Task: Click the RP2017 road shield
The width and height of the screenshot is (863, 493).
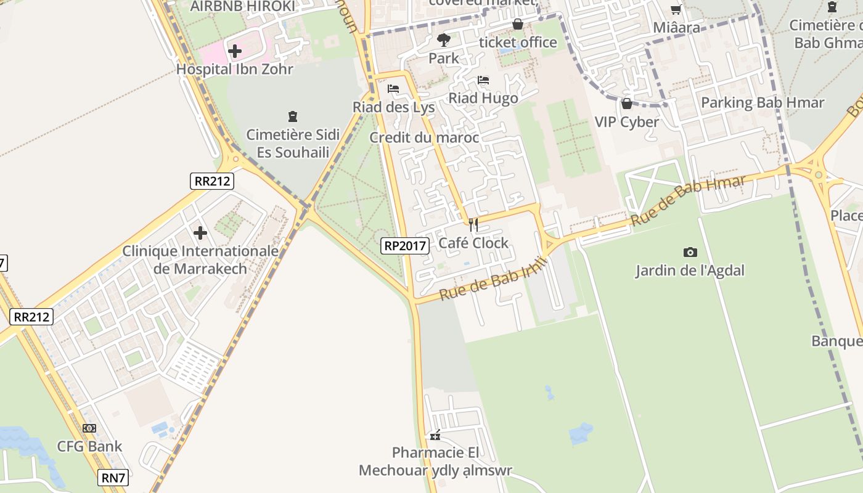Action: [404, 246]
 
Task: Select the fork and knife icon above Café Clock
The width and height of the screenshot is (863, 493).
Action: [473, 224]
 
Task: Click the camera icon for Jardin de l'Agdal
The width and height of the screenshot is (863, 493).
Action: [690, 252]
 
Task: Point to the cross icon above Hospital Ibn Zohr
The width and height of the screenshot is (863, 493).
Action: [235, 51]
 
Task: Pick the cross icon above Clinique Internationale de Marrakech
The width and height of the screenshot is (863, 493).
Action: [200, 233]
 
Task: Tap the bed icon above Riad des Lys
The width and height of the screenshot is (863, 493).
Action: [393, 89]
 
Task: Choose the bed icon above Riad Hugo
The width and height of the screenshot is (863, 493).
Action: [483, 81]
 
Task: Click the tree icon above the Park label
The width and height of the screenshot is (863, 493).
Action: [443, 41]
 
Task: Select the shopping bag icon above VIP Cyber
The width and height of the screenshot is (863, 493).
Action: [627, 104]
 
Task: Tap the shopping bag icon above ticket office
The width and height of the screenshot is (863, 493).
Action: [518, 24]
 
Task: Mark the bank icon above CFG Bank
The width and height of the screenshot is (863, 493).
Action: [89, 428]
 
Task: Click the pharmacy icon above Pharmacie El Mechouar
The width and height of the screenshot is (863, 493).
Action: [435, 436]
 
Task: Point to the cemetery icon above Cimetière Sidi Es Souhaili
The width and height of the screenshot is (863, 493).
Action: [293, 116]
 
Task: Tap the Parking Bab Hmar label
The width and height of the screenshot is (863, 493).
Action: [763, 102]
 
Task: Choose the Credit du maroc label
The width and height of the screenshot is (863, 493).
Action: [424, 137]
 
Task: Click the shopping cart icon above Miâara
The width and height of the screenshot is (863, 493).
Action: [676, 9]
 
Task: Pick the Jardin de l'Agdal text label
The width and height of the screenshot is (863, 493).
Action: [690, 270]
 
